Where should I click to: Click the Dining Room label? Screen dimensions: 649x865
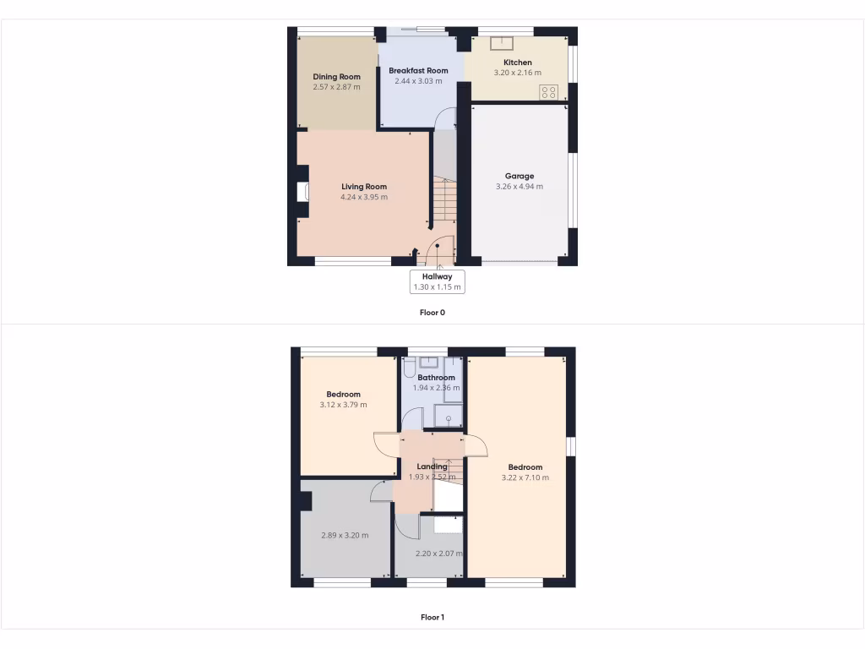tap(336, 77)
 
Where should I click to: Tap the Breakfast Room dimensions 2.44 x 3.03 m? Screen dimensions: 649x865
tap(418, 81)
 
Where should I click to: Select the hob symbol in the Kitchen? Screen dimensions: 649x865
tap(548, 92)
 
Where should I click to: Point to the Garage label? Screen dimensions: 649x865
tap(519, 177)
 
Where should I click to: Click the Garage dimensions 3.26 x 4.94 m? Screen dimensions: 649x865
tap(519, 187)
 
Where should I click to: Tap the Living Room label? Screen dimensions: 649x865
tap(364, 187)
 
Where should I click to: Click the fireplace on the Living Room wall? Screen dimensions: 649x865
tap(302, 192)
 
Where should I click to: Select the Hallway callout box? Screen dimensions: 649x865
tap(437, 281)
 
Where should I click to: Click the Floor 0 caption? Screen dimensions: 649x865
tap(432, 313)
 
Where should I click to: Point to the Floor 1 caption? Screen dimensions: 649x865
tap(432, 617)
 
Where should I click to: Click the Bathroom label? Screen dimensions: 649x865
tap(436, 378)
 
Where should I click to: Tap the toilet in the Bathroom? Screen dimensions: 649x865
tap(409, 368)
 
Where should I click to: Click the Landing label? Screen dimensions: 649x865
tap(432, 466)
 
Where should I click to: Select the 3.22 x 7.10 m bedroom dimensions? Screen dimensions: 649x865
tap(525, 477)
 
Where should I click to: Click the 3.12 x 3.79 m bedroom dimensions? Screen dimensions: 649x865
tap(343, 405)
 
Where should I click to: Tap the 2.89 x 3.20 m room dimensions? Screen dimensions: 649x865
tap(345, 535)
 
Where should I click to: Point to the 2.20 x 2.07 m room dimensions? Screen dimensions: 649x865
tap(439, 554)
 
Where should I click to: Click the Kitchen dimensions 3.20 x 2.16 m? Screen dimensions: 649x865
tap(518, 73)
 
